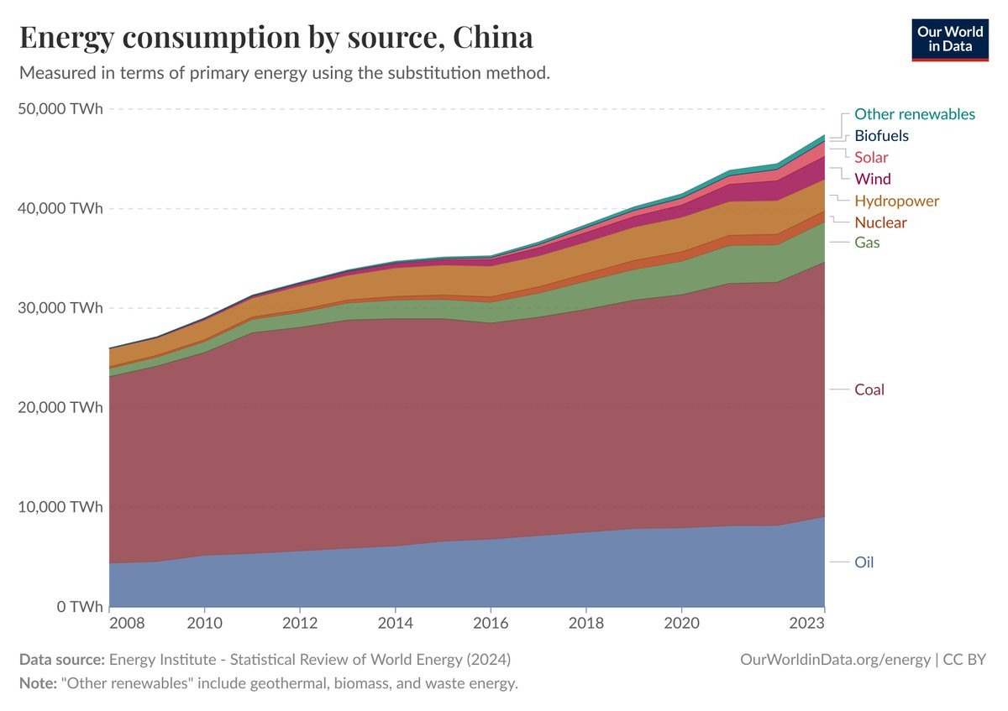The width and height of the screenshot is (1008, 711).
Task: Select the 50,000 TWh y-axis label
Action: point(60,109)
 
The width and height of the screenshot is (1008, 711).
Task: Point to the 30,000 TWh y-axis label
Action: point(60,308)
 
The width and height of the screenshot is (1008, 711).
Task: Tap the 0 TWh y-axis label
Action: point(81,606)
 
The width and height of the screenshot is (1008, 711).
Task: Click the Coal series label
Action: point(869,389)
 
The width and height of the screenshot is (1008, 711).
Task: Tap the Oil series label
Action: point(864,562)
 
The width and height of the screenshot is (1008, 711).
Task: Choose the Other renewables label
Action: point(914,114)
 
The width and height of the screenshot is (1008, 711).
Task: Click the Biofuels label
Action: point(881,136)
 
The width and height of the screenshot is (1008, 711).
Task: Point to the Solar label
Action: point(871,158)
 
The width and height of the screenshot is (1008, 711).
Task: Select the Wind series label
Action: point(872,179)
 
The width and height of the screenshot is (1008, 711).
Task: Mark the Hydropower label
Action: point(896,201)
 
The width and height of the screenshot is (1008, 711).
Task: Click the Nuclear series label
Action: point(880,222)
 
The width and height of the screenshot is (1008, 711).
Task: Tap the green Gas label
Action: point(867,243)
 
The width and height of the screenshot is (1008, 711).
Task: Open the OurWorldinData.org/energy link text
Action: point(835,660)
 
